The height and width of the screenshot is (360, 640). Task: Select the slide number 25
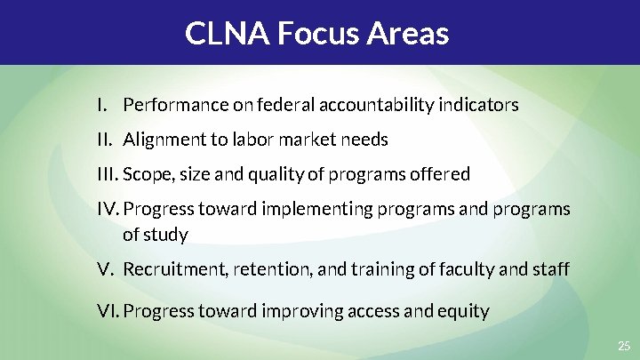click(x=622, y=345)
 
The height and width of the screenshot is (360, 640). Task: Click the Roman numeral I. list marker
click(x=102, y=105)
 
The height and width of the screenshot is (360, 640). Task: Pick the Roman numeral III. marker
click(x=108, y=174)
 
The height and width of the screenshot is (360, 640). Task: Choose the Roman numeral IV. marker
click(x=108, y=209)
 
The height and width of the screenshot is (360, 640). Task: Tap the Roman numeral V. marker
click(x=104, y=268)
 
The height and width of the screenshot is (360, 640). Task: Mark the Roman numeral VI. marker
click(x=108, y=311)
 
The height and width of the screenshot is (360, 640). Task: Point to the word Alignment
click(x=161, y=140)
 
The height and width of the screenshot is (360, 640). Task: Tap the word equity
click(x=465, y=311)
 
